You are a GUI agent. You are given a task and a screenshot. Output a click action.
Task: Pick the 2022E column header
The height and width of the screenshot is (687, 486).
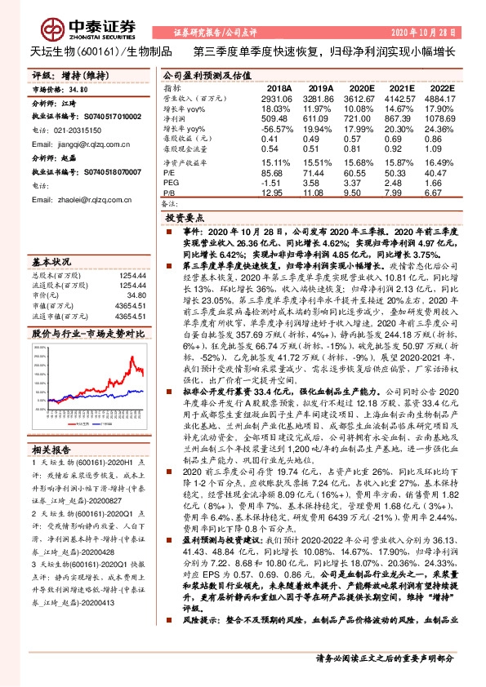442,87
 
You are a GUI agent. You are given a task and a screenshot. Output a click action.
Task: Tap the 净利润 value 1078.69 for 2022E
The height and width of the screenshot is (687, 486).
442,119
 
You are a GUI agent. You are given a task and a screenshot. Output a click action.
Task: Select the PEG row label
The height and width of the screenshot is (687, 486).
172,183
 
